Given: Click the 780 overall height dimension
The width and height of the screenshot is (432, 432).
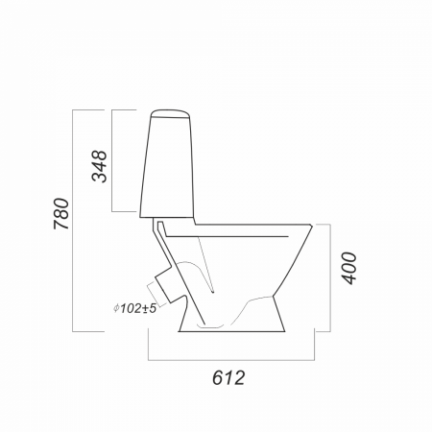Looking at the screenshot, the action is (x=61, y=214).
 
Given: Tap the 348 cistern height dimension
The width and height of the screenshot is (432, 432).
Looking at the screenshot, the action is (x=99, y=166).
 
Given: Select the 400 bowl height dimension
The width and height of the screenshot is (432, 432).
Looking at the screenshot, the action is (x=348, y=268).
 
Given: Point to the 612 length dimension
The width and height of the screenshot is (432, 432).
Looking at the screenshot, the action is (x=228, y=377).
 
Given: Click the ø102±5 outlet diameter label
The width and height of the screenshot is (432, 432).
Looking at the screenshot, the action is (x=134, y=308).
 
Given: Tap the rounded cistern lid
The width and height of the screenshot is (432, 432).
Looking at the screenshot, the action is (x=170, y=114).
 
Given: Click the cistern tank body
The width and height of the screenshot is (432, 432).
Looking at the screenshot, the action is (x=167, y=167).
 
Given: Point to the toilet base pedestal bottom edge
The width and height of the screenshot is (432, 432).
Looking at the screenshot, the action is (x=231, y=331).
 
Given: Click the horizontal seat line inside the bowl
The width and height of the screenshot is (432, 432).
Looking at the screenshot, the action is (x=228, y=237).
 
